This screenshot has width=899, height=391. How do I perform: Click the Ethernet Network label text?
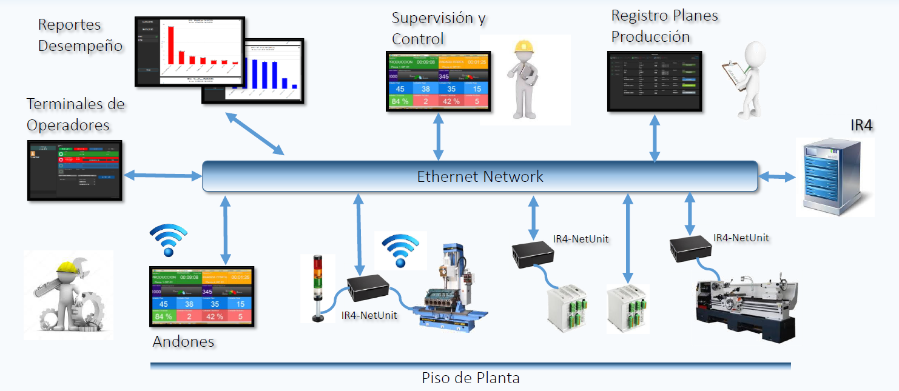480,176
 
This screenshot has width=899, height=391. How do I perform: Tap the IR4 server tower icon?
835,177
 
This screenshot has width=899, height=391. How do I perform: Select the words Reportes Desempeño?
80,35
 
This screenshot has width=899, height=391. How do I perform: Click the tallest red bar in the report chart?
171,45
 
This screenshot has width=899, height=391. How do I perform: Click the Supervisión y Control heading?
438,28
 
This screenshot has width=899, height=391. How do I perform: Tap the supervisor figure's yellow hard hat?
523,48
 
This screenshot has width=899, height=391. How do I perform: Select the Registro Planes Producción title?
664,26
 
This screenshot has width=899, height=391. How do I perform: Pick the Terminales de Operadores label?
75,114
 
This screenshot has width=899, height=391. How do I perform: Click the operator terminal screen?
75,170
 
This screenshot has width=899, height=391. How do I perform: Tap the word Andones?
183,341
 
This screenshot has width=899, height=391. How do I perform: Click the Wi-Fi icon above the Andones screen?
168,239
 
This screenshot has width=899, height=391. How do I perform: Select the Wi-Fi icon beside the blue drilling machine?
400,250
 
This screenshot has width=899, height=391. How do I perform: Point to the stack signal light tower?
317,287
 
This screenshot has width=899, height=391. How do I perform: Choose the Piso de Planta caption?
470,378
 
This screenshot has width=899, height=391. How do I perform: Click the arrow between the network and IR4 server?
777,176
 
